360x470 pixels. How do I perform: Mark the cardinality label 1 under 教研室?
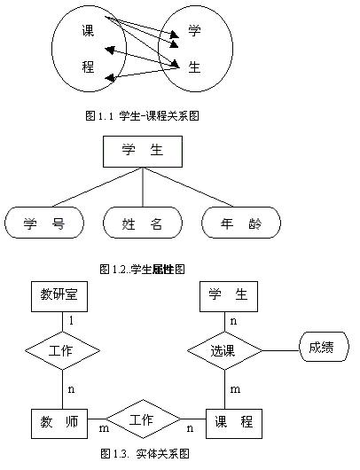[71, 321]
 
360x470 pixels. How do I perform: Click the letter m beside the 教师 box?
[104, 428]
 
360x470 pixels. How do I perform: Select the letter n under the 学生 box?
[233, 321]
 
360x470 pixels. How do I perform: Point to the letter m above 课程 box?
[235, 389]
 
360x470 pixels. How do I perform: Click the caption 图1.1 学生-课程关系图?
[143, 115]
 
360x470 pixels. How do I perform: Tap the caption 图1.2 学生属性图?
[142, 270]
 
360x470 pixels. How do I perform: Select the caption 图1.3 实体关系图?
[145, 453]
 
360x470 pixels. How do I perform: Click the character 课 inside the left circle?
[88, 30]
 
